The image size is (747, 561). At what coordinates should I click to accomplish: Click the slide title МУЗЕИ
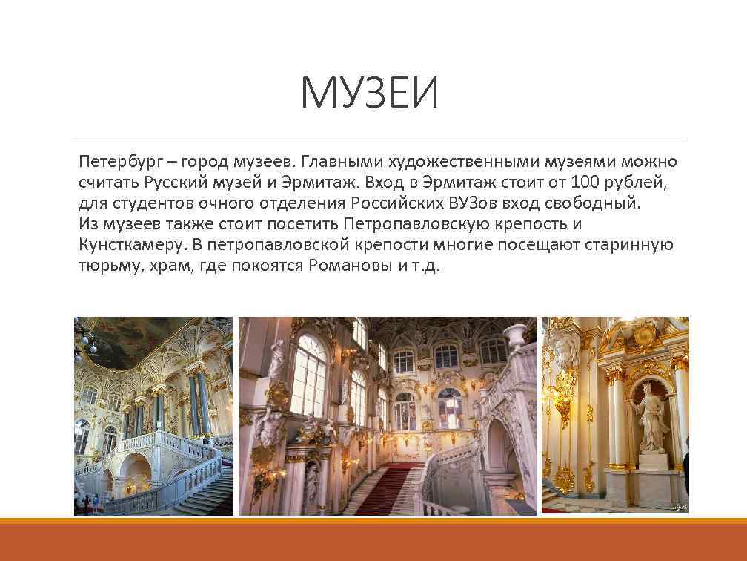click(x=370, y=95)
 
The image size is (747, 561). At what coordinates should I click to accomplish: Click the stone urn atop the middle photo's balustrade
click(x=516, y=336)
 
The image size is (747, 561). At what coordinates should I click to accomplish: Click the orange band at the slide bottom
click(x=373, y=540)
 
